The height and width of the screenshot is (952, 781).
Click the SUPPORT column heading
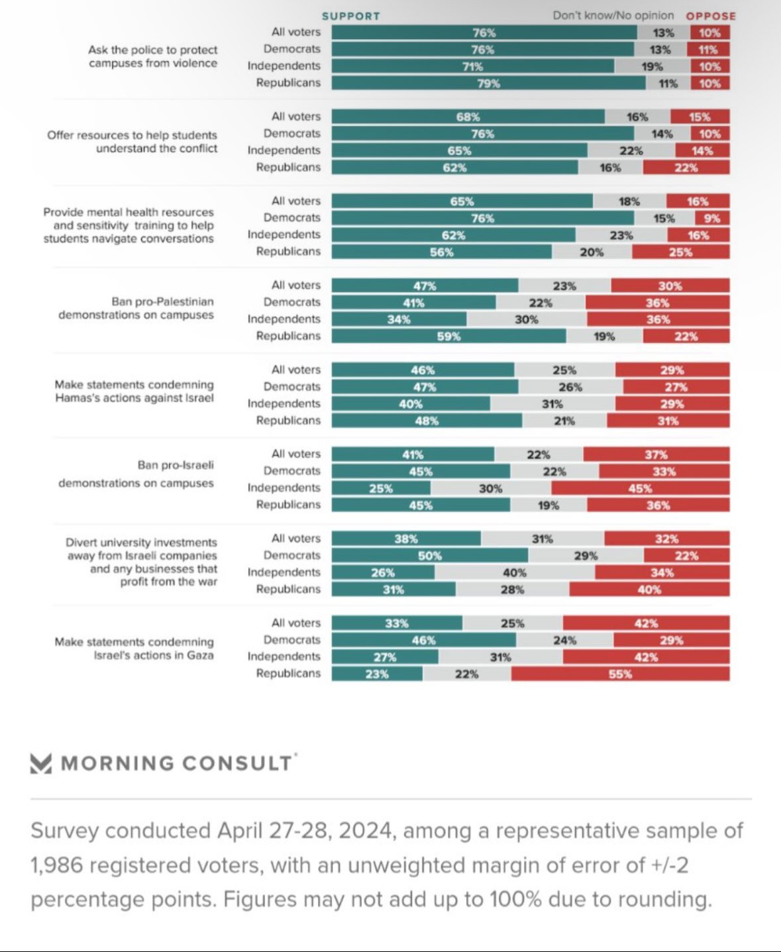tap(350, 16)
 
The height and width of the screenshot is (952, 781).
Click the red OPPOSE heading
tap(711, 16)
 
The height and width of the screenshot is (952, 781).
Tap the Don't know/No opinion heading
tap(613, 15)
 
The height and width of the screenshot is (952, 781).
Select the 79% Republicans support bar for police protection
tap(488, 83)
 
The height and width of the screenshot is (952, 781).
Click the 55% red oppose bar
tap(620, 674)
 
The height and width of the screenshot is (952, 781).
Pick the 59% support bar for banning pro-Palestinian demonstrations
tap(448, 337)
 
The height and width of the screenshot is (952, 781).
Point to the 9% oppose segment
tap(712, 219)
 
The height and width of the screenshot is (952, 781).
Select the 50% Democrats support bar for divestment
tap(430, 556)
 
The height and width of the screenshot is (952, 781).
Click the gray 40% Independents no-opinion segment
tap(515, 573)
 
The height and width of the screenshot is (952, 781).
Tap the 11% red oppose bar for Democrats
tap(709, 50)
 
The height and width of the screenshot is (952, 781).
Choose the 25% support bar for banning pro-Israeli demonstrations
tap(381, 489)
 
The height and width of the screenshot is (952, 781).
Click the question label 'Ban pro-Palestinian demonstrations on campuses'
tap(136, 308)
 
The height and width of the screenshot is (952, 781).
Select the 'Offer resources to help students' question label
tap(132, 142)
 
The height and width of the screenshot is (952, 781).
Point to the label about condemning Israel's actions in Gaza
tap(134, 649)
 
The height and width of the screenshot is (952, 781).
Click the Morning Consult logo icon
tap(41, 763)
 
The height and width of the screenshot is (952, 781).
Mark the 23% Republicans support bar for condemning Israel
tap(377, 674)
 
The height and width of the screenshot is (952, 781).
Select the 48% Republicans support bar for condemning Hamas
tap(427, 421)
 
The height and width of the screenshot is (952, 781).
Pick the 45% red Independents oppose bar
tap(640, 489)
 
